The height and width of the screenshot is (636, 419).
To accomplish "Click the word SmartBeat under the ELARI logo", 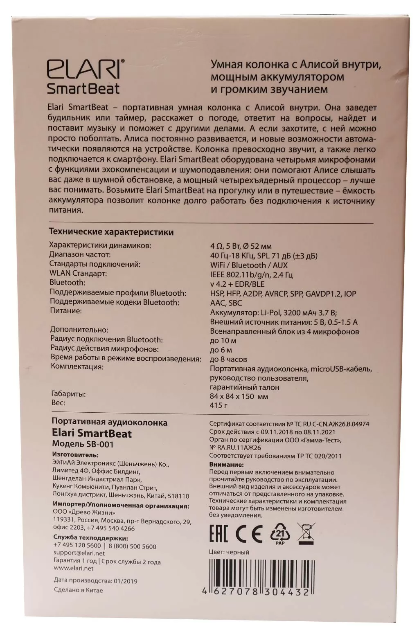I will click(x=83, y=88).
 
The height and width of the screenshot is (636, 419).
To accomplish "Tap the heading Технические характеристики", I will click(x=111, y=232).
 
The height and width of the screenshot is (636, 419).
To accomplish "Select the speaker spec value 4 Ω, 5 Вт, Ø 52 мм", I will click(x=241, y=246).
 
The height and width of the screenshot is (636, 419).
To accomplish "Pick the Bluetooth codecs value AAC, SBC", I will click(x=226, y=303).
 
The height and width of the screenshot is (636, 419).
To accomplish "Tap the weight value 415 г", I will click(x=219, y=405).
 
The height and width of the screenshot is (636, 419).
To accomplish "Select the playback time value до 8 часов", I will click(x=228, y=360).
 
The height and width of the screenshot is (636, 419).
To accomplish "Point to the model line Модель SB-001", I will click(x=83, y=444).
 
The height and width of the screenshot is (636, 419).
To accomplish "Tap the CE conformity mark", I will click(x=249, y=533).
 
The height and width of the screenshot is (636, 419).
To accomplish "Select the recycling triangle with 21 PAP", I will click(x=280, y=533).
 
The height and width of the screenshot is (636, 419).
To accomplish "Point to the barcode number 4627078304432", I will click(x=256, y=592).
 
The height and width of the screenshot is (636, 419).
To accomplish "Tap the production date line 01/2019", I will click(x=96, y=581).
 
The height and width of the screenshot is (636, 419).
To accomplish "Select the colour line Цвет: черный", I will click(x=229, y=552).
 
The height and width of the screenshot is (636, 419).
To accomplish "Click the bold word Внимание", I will click(x=226, y=465).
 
